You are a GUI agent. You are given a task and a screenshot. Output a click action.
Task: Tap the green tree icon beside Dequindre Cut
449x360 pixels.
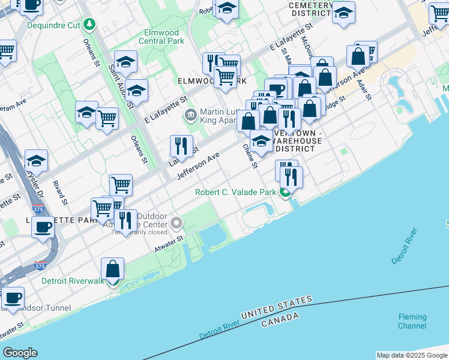[x=89, y=24]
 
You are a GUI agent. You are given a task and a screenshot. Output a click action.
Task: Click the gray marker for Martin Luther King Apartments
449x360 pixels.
[x=191, y=114]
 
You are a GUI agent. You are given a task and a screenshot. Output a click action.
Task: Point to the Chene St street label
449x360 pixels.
[x=250, y=156]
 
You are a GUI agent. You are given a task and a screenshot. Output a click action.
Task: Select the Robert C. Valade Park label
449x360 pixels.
[x=235, y=193]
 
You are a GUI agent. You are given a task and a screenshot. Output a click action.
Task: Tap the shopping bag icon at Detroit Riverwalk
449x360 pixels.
[x=113, y=269]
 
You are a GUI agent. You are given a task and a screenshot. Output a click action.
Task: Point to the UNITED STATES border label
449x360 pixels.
[x=277, y=308]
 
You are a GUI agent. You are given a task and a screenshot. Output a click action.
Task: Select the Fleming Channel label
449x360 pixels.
[x=412, y=322]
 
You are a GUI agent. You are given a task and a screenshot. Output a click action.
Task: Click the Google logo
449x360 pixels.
[x=20, y=353]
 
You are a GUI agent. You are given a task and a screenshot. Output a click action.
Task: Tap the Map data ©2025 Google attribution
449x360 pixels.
[x=411, y=355]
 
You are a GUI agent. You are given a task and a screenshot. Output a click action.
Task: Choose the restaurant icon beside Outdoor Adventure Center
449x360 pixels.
[x=125, y=221]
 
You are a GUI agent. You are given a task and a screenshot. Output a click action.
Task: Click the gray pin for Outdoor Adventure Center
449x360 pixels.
[x=176, y=224]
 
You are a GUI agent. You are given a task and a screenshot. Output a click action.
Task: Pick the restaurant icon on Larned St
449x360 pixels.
[x=181, y=146]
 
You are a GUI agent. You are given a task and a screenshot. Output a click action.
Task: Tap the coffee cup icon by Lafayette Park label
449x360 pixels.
[x=43, y=227]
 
